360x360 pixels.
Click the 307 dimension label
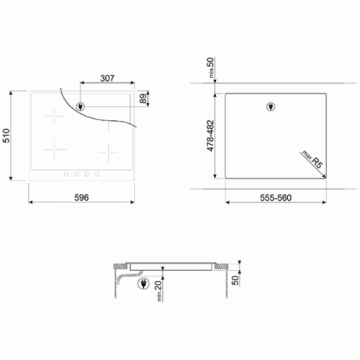pyautogui.click(x=107, y=78)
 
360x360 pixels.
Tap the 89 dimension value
pyautogui.click(x=143, y=99)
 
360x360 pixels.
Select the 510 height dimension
pyautogui.click(x=6, y=135)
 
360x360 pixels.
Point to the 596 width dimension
pyautogui.click(x=81, y=197)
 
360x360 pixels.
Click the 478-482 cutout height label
pyautogui.click(x=210, y=136)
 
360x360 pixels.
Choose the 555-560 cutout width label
pyautogui.click(x=276, y=198)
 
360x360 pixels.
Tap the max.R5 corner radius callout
pyautogui.click(x=312, y=159)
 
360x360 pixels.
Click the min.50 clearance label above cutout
pyautogui.click(x=210, y=68)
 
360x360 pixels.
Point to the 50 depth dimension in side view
pyautogui.click(x=235, y=280)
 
